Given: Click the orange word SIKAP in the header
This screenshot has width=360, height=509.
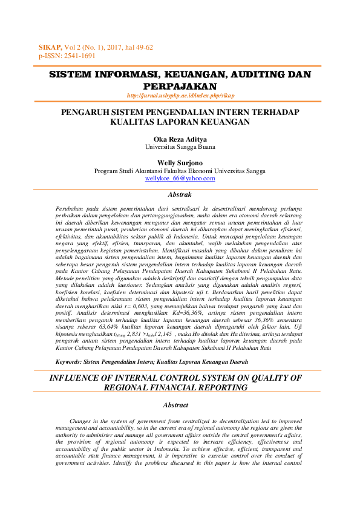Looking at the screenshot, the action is [x=50, y=47].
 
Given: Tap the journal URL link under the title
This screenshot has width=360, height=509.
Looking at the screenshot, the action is [x=180, y=96].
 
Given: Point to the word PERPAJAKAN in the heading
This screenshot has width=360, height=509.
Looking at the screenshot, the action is [x=180, y=87].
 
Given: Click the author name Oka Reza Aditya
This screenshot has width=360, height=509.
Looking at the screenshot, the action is [x=180, y=139].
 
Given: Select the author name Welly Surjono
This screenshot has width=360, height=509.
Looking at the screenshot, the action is [x=180, y=163].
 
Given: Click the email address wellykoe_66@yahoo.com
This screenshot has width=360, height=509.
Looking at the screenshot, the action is [x=180, y=179].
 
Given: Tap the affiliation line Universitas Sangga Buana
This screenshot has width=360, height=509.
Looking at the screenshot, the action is [x=180, y=146].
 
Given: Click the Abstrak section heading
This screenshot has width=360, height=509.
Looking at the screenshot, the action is [x=180, y=195].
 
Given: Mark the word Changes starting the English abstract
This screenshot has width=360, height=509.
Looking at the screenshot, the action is [x=84, y=420].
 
